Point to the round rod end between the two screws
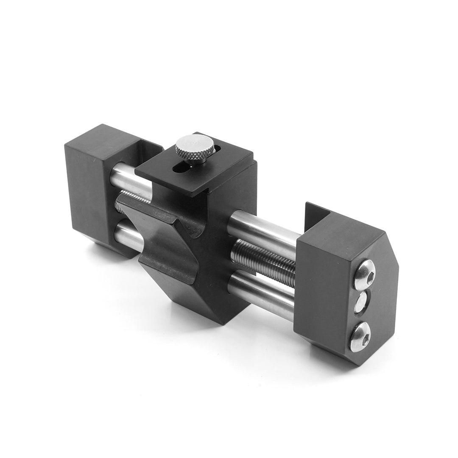point(363,302)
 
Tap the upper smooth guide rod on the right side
point(263,231)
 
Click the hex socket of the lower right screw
point(360,336)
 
